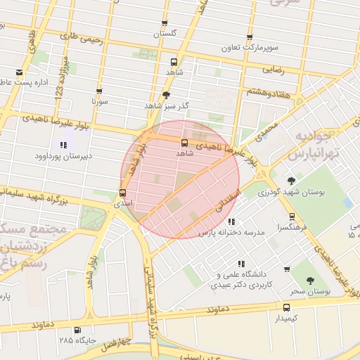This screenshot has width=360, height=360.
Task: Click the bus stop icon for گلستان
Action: (165, 23)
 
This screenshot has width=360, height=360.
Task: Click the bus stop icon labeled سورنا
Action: (98, 91)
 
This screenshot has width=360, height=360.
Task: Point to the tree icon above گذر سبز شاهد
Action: (166, 94)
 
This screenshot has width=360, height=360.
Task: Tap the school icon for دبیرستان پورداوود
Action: (64, 145)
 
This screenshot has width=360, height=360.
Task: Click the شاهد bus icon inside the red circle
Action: (184, 143)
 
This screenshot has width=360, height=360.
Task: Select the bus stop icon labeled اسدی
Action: (123, 193)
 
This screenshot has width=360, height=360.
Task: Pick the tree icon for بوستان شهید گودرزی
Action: (291, 181)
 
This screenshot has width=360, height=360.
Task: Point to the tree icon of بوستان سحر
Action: (310, 279)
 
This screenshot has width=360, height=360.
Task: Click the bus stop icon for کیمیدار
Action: (286, 307)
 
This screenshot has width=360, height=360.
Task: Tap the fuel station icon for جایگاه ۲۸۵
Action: (77, 330)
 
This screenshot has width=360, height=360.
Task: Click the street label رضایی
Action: (273, 70)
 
